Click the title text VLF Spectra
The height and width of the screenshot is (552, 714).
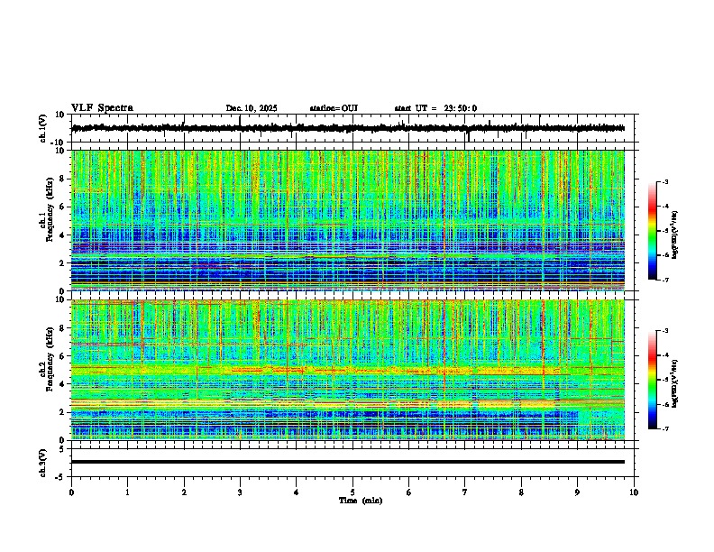(x=102, y=108)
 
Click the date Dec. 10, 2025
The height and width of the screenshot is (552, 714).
(x=252, y=108)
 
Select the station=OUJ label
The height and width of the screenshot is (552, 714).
(x=334, y=108)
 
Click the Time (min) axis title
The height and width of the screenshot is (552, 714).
(x=361, y=500)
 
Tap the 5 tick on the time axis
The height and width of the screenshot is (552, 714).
(x=352, y=492)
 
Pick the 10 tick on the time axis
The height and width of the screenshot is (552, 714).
(x=634, y=492)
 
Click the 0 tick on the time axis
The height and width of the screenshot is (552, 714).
(x=71, y=492)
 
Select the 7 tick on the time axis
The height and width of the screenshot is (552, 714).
(x=465, y=492)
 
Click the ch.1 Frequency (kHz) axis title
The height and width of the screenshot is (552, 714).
(x=45, y=221)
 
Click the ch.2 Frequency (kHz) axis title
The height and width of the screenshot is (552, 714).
(x=45, y=370)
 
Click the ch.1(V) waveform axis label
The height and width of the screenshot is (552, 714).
(x=43, y=128)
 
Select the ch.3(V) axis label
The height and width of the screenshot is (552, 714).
(x=43, y=462)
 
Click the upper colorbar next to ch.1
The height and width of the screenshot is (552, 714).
(x=652, y=231)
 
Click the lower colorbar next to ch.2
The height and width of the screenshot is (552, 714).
(x=652, y=380)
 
